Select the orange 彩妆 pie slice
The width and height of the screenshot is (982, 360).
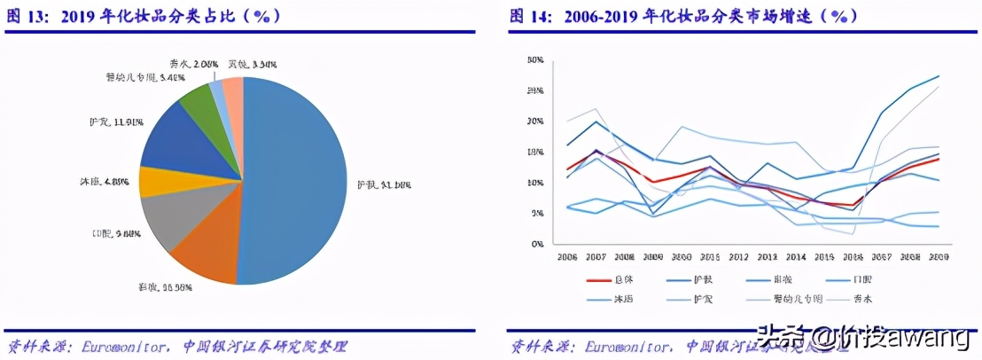click(204, 257)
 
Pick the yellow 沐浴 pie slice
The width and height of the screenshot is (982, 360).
click(148, 181)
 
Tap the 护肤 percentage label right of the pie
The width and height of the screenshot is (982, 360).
click(383, 184)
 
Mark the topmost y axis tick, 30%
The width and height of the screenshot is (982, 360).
click(534, 60)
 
